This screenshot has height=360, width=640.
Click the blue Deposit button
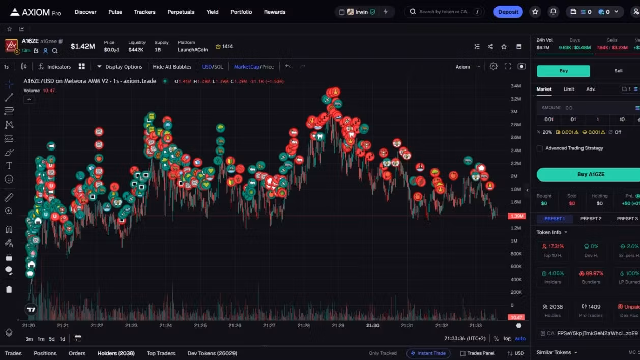point(508,12)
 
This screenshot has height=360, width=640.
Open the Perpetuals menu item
point(181,12)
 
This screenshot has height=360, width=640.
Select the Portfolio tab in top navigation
point(241,12)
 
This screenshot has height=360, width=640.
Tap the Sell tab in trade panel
point(618,71)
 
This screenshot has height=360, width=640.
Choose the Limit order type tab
point(569,89)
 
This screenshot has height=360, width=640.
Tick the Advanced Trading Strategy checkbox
point(540,148)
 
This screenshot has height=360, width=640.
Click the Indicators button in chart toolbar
point(54,67)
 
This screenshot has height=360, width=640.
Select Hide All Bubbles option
point(172,67)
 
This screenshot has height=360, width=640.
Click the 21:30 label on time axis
point(372,325)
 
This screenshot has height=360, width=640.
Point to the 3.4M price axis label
point(516,86)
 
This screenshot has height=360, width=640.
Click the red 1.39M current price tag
point(516,216)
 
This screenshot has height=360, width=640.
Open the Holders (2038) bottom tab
point(116,353)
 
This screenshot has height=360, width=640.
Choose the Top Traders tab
point(161,353)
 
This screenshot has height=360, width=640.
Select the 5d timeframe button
point(52,339)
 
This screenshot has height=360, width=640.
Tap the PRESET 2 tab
point(591,219)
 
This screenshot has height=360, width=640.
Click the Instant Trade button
point(428,353)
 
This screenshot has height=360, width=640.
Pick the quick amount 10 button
point(622,119)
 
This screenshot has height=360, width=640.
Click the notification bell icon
point(553,12)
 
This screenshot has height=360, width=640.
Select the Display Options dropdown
point(120,67)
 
